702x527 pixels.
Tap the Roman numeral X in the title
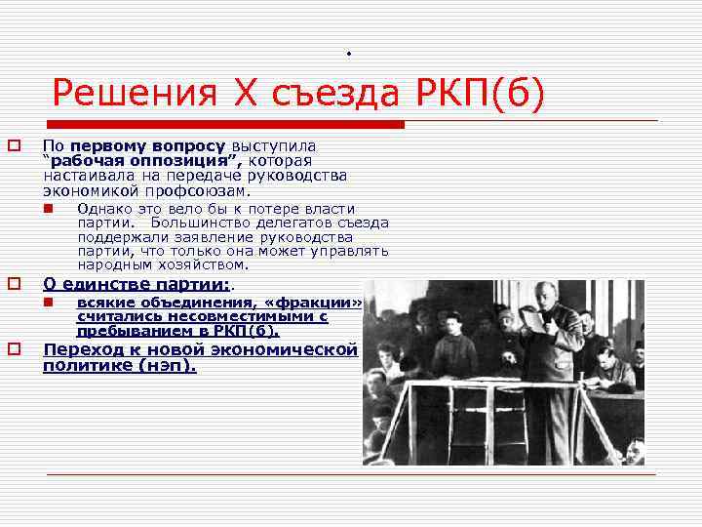[243, 94]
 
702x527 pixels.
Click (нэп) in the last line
[166, 366]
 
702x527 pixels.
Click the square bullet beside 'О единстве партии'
[15, 284]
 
